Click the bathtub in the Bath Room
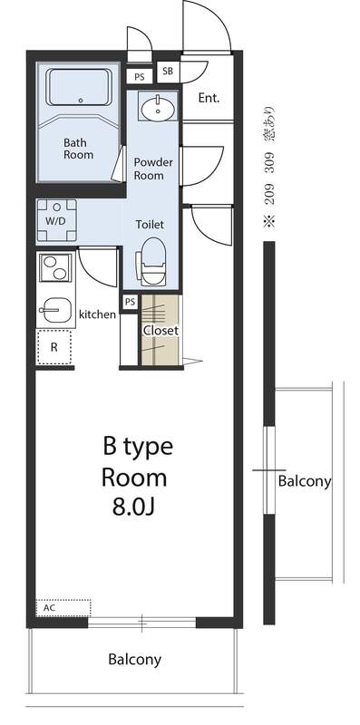tap(80, 87)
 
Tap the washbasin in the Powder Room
tap(159, 109)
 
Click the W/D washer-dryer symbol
tap(56, 221)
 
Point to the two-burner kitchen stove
tap(55, 267)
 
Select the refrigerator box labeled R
tap(54, 347)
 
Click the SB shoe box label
tap(168, 72)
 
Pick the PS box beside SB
tap(140, 77)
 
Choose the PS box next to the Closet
tap(130, 302)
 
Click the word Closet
tap(161, 331)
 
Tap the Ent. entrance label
tap(209, 98)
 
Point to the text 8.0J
tap(132, 507)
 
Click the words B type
tap(138, 446)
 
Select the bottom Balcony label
tap(134, 659)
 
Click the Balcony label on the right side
tap(305, 482)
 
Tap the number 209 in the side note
tap(269, 194)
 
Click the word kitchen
tap(97, 314)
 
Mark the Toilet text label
tap(150, 225)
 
